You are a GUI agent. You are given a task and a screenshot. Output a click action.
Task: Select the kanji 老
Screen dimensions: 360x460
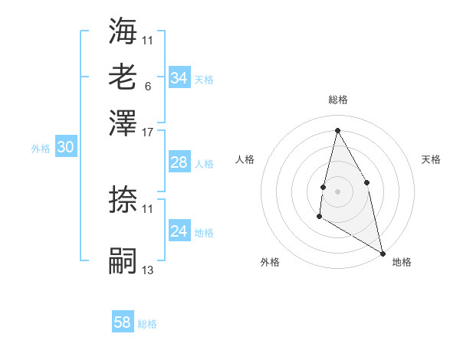point(123,77)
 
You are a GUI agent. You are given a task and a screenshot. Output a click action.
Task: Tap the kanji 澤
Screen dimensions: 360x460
point(123,123)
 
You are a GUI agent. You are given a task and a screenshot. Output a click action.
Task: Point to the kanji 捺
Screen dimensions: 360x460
point(123,200)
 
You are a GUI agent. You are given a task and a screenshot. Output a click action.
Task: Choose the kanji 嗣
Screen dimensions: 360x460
point(123,261)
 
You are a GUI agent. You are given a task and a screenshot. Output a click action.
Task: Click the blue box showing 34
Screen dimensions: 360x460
point(179,78)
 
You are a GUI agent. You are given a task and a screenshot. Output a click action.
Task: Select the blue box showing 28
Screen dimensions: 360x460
point(179,162)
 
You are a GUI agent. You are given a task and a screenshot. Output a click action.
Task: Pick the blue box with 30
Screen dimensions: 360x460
point(65,149)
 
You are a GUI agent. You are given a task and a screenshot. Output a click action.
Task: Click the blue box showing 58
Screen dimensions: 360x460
point(123,322)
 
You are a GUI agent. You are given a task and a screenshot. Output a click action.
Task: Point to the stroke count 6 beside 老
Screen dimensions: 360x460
point(147,86)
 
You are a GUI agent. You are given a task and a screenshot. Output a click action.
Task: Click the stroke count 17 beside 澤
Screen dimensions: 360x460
point(148,132)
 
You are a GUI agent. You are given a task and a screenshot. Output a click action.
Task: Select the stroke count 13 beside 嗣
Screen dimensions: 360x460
point(148,270)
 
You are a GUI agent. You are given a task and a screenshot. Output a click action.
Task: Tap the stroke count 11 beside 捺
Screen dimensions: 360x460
point(148,208)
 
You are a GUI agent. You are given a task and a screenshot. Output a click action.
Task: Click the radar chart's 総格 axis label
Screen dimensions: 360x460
point(337,100)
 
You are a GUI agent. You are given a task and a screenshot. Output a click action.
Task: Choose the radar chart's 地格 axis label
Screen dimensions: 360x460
point(402,262)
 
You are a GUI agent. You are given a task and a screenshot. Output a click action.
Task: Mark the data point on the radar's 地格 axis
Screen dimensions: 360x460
point(383,253)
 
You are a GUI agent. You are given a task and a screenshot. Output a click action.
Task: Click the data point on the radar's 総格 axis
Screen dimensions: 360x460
point(337,130)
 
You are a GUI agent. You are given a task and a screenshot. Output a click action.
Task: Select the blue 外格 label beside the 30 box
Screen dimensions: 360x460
point(41,149)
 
